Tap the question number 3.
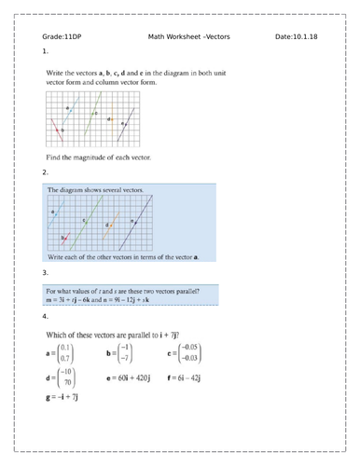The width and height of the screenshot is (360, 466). pyautogui.click(x=45, y=272)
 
